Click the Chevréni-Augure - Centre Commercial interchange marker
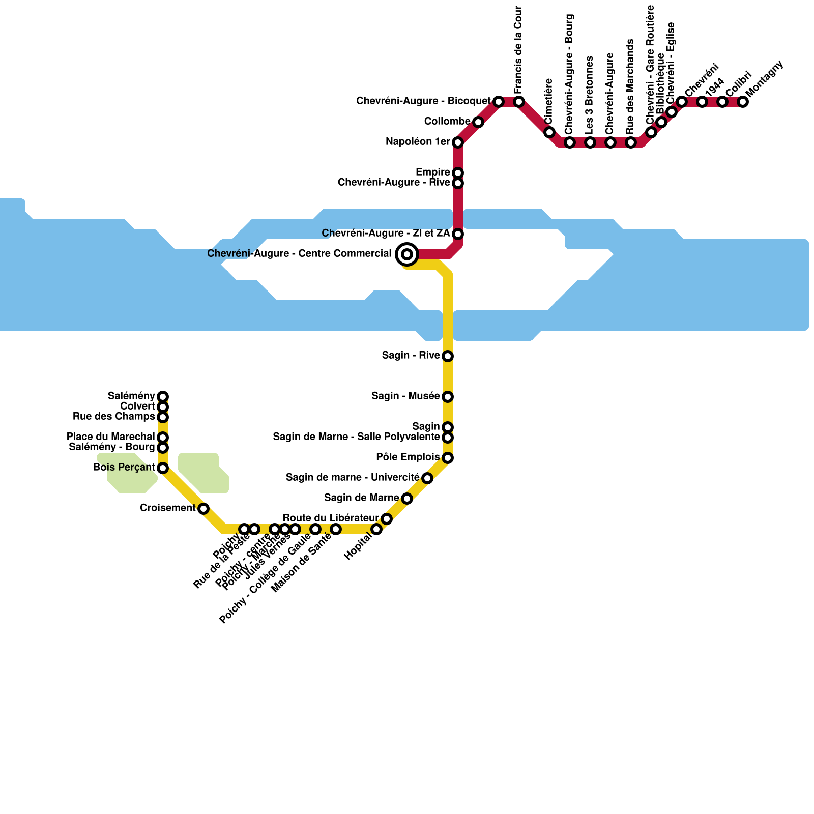point(407,254)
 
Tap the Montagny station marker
point(743,102)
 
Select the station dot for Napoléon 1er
point(458,142)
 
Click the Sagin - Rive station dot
point(448,356)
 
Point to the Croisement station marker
point(203,509)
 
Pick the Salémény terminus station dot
point(163,396)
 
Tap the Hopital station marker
point(376,529)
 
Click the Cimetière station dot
point(549,132)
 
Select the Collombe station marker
point(478,122)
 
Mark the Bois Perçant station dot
point(163,468)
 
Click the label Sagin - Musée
point(405,396)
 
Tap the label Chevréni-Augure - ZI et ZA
point(386,234)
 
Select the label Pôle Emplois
point(408,457)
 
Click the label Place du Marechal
point(110,437)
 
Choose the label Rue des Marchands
point(630,86)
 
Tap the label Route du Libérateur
point(331,518)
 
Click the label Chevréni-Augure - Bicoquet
point(423,101)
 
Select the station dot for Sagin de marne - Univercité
point(427,478)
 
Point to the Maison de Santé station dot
point(336,529)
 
